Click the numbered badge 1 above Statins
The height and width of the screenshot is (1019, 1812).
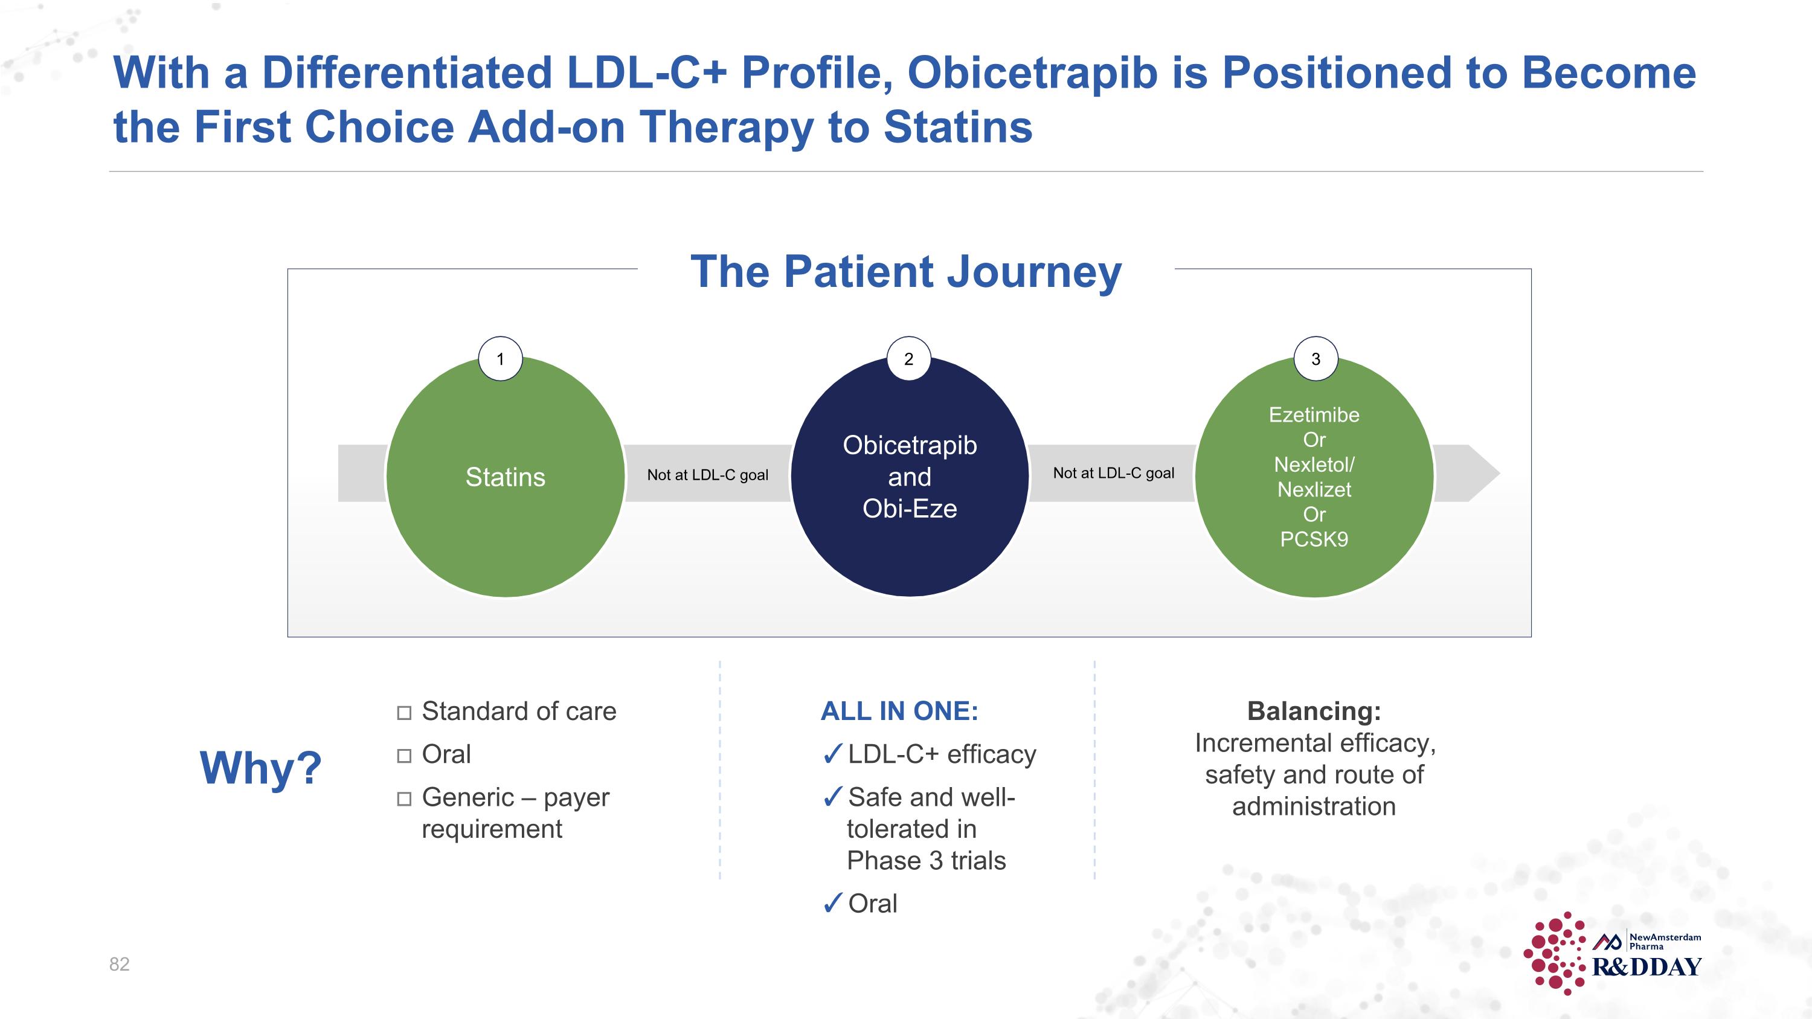click(x=500, y=359)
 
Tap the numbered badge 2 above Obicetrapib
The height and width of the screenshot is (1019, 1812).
click(x=909, y=359)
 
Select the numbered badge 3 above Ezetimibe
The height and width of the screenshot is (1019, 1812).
click(x=1316, y=359)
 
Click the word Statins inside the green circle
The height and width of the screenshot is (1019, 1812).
click(x=505, y=477)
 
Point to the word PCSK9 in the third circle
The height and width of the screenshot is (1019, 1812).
click(x=1314, y=539)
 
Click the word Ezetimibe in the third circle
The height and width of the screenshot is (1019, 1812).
click(x=1314, y=415)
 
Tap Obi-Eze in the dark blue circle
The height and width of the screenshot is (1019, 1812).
click(x=910, y=509)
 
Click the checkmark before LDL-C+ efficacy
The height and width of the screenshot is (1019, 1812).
click(x=832, y=754)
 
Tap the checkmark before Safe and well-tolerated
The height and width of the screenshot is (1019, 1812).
click(x=832, y=797)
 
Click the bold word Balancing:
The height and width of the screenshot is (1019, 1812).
click(x=1314, y=711)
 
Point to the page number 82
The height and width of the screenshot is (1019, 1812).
click(x=119, y=964)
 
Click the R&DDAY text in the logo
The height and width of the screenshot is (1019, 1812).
click(x=1647, y=967)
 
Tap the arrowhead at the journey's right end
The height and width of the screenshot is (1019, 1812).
click(x=1484, y=474)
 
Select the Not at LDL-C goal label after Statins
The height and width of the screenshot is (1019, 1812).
click(x=708, y=475)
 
